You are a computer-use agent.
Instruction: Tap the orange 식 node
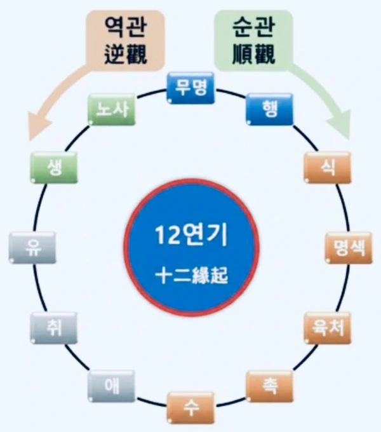328,167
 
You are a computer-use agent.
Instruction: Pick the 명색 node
348,248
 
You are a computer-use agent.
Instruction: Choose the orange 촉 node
269,386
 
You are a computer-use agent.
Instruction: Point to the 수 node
190,408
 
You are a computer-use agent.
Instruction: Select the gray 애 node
111,386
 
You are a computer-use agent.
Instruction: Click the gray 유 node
32,248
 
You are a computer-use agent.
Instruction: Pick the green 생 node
53,167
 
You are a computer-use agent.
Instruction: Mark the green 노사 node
112,109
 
